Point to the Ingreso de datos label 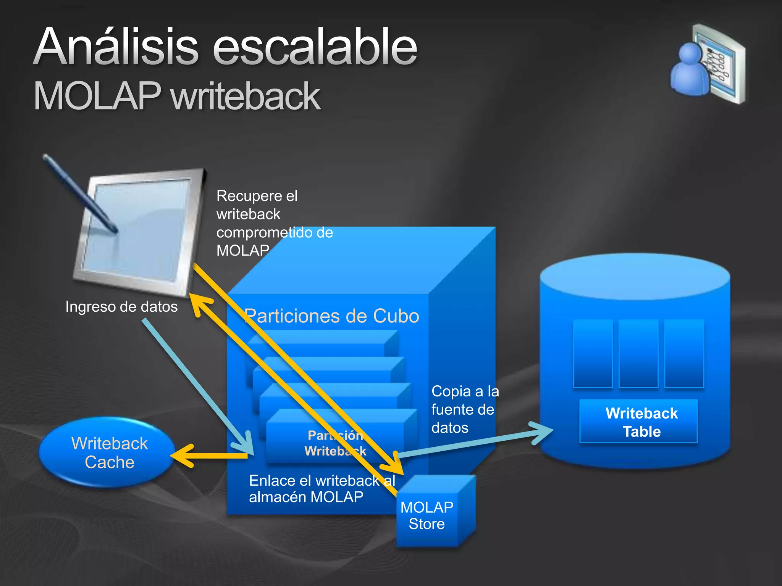tap(121, 307)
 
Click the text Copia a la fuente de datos tap(464, 409)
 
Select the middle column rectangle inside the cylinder tap(638, 353)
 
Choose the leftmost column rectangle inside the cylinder tap(593, 353)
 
